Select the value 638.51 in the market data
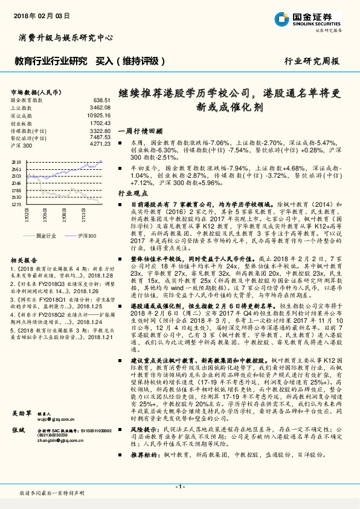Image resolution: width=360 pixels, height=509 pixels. (101, 100)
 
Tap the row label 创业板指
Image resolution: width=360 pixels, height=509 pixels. (22, 122)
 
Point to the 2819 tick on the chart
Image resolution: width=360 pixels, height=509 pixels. (16, 163)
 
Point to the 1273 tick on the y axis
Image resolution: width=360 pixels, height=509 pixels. (16, 204)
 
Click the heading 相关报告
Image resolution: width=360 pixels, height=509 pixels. (24, 259)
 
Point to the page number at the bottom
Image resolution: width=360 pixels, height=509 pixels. (180, 487)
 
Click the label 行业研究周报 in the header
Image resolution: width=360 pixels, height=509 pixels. (311, 61)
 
